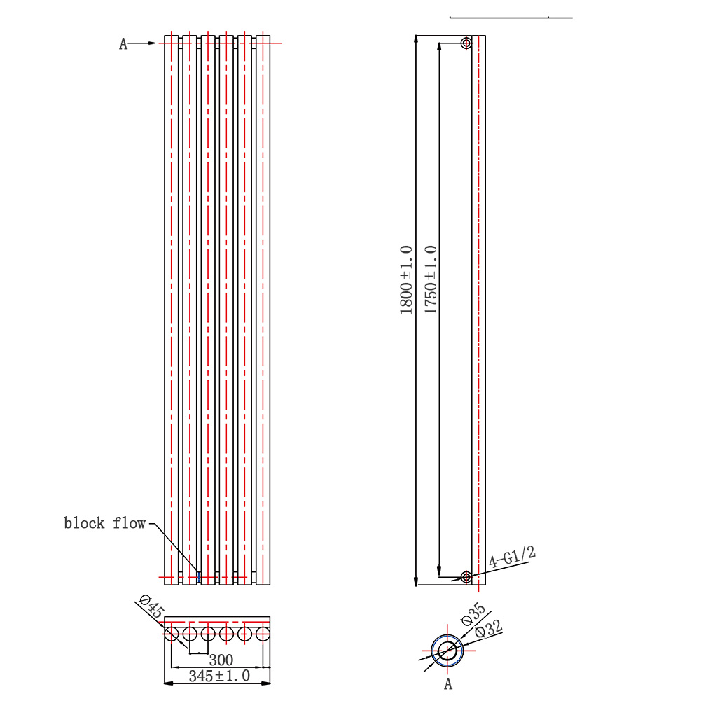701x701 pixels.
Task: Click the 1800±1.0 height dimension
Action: click(x=406, y=280)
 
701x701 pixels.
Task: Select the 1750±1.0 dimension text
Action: click(x=431, y=280)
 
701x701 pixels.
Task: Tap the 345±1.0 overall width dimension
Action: click(x=219, y=676)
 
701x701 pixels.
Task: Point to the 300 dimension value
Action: click(x=221, y=660)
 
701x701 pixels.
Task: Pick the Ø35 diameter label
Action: click(x=473, y=614)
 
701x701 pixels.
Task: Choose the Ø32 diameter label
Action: click(x=489, y=629)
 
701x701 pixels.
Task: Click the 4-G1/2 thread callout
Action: click(x=512, y=557)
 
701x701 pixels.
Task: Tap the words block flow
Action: click(x=104, y=523)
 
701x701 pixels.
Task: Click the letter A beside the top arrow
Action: click(x=123, y=44)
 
